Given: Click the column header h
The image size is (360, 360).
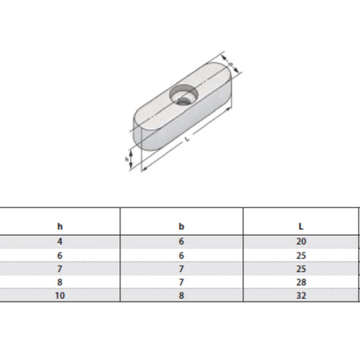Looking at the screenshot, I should (x=60, y=226).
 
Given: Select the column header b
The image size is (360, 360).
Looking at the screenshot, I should (x=181, y=226).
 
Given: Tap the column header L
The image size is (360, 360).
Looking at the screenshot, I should (x=302, y=226).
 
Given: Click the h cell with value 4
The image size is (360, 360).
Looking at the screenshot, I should (x=60, y=242).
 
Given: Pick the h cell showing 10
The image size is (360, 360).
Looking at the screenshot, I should (x=60, y=296).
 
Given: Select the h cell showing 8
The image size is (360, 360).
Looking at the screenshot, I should (x=60, y=283).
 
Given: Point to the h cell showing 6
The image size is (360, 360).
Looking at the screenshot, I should (x=60, y=255).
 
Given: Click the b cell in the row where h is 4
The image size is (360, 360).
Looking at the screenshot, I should (x=181, y=242).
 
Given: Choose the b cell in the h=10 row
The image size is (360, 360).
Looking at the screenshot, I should (x=181, y=296).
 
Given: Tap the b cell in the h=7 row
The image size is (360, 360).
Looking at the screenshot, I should (x=181, y=269).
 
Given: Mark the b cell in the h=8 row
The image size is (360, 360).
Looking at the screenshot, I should (x=181, y=283).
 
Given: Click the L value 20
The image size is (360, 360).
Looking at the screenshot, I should (x=302, y=242).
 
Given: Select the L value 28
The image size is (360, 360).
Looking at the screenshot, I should (x=302, y=283).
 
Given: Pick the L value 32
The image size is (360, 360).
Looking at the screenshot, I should (x=302, y=296).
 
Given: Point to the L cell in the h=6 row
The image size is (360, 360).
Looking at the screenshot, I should (x=302, y=255).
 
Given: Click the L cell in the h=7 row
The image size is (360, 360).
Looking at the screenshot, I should (x=302, y=269).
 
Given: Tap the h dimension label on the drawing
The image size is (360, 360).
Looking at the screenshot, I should (x=128, y=158).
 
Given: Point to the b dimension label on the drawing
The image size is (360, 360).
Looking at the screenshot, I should (x=232, y=65).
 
